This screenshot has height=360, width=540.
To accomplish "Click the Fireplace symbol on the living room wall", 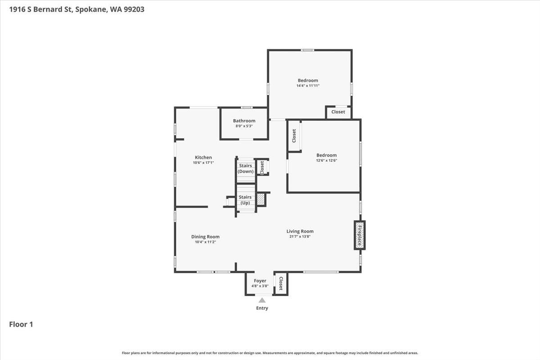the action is coord(360,235).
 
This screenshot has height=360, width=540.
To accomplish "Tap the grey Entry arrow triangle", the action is coord(262,300).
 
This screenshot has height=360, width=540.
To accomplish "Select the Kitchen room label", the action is coord(203,157).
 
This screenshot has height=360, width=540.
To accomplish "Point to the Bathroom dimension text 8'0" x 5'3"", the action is coord(244,126).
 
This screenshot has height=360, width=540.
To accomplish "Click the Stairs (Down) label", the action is coord(245,169).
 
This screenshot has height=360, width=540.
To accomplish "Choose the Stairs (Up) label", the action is coord(245,200).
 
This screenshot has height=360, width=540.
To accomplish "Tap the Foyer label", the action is coord(260,281).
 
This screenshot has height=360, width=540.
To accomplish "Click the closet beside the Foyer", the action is coord(281,283).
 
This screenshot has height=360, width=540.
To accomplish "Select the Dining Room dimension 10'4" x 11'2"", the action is coord(205,242).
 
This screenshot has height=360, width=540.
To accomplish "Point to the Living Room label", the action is coord(300,231).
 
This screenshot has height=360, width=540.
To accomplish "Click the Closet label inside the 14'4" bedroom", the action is coord(338,112).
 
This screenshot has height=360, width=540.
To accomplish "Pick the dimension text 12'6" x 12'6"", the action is coord(326,161).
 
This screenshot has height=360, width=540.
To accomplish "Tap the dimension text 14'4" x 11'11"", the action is coord(308,86).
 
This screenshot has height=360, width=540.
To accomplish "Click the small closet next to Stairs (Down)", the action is coord(262,167).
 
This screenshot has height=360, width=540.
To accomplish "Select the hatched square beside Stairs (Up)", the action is coord(261,199).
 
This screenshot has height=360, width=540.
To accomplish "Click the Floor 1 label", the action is coord(21,324).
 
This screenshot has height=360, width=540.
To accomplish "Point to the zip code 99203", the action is coord(134,9).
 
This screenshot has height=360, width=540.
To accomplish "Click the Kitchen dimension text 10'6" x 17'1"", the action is coord(203,163).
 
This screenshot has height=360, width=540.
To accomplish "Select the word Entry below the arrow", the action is coord(262,308).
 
